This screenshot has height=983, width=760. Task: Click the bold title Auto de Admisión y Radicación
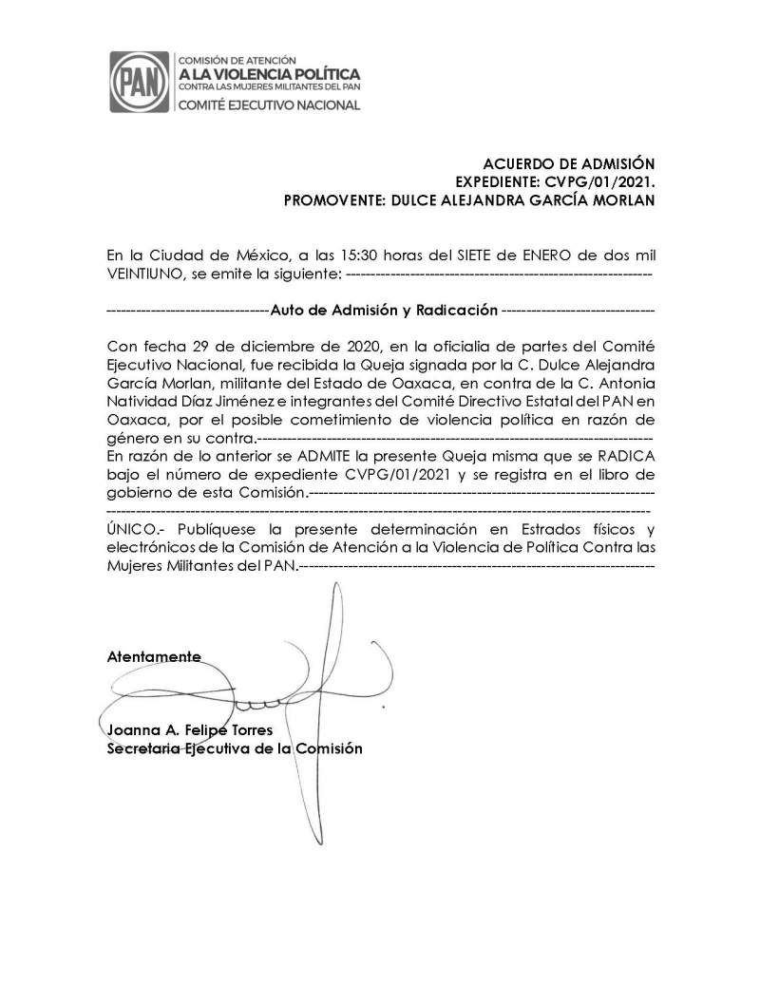(x=384, y=310)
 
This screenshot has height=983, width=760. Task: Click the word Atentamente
(x=154, y=657)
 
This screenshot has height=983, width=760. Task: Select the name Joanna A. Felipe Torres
(x=190, y=730)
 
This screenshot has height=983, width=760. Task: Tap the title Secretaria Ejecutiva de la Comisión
(x=235, y=748)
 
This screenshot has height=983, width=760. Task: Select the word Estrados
(x=530, y=528)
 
